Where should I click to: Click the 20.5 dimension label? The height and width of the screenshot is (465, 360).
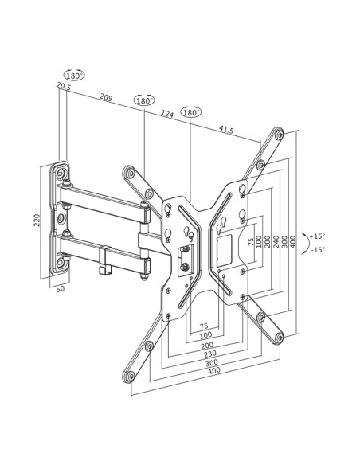[64, 86]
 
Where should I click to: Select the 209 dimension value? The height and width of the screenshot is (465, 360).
[106, 97]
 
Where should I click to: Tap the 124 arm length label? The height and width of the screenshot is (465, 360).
[167, 114]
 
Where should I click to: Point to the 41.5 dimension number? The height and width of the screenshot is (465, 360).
[226, 129]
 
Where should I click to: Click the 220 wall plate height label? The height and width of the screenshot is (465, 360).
[37, 220]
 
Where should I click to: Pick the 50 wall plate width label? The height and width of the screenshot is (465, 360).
[61, 288]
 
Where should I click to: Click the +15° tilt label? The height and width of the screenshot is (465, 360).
[317, 236]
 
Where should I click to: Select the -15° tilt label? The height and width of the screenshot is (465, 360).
[318, 250]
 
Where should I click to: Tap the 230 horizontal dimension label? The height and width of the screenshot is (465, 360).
[210, 354]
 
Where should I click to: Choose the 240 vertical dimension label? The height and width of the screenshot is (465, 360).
[276, 242]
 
